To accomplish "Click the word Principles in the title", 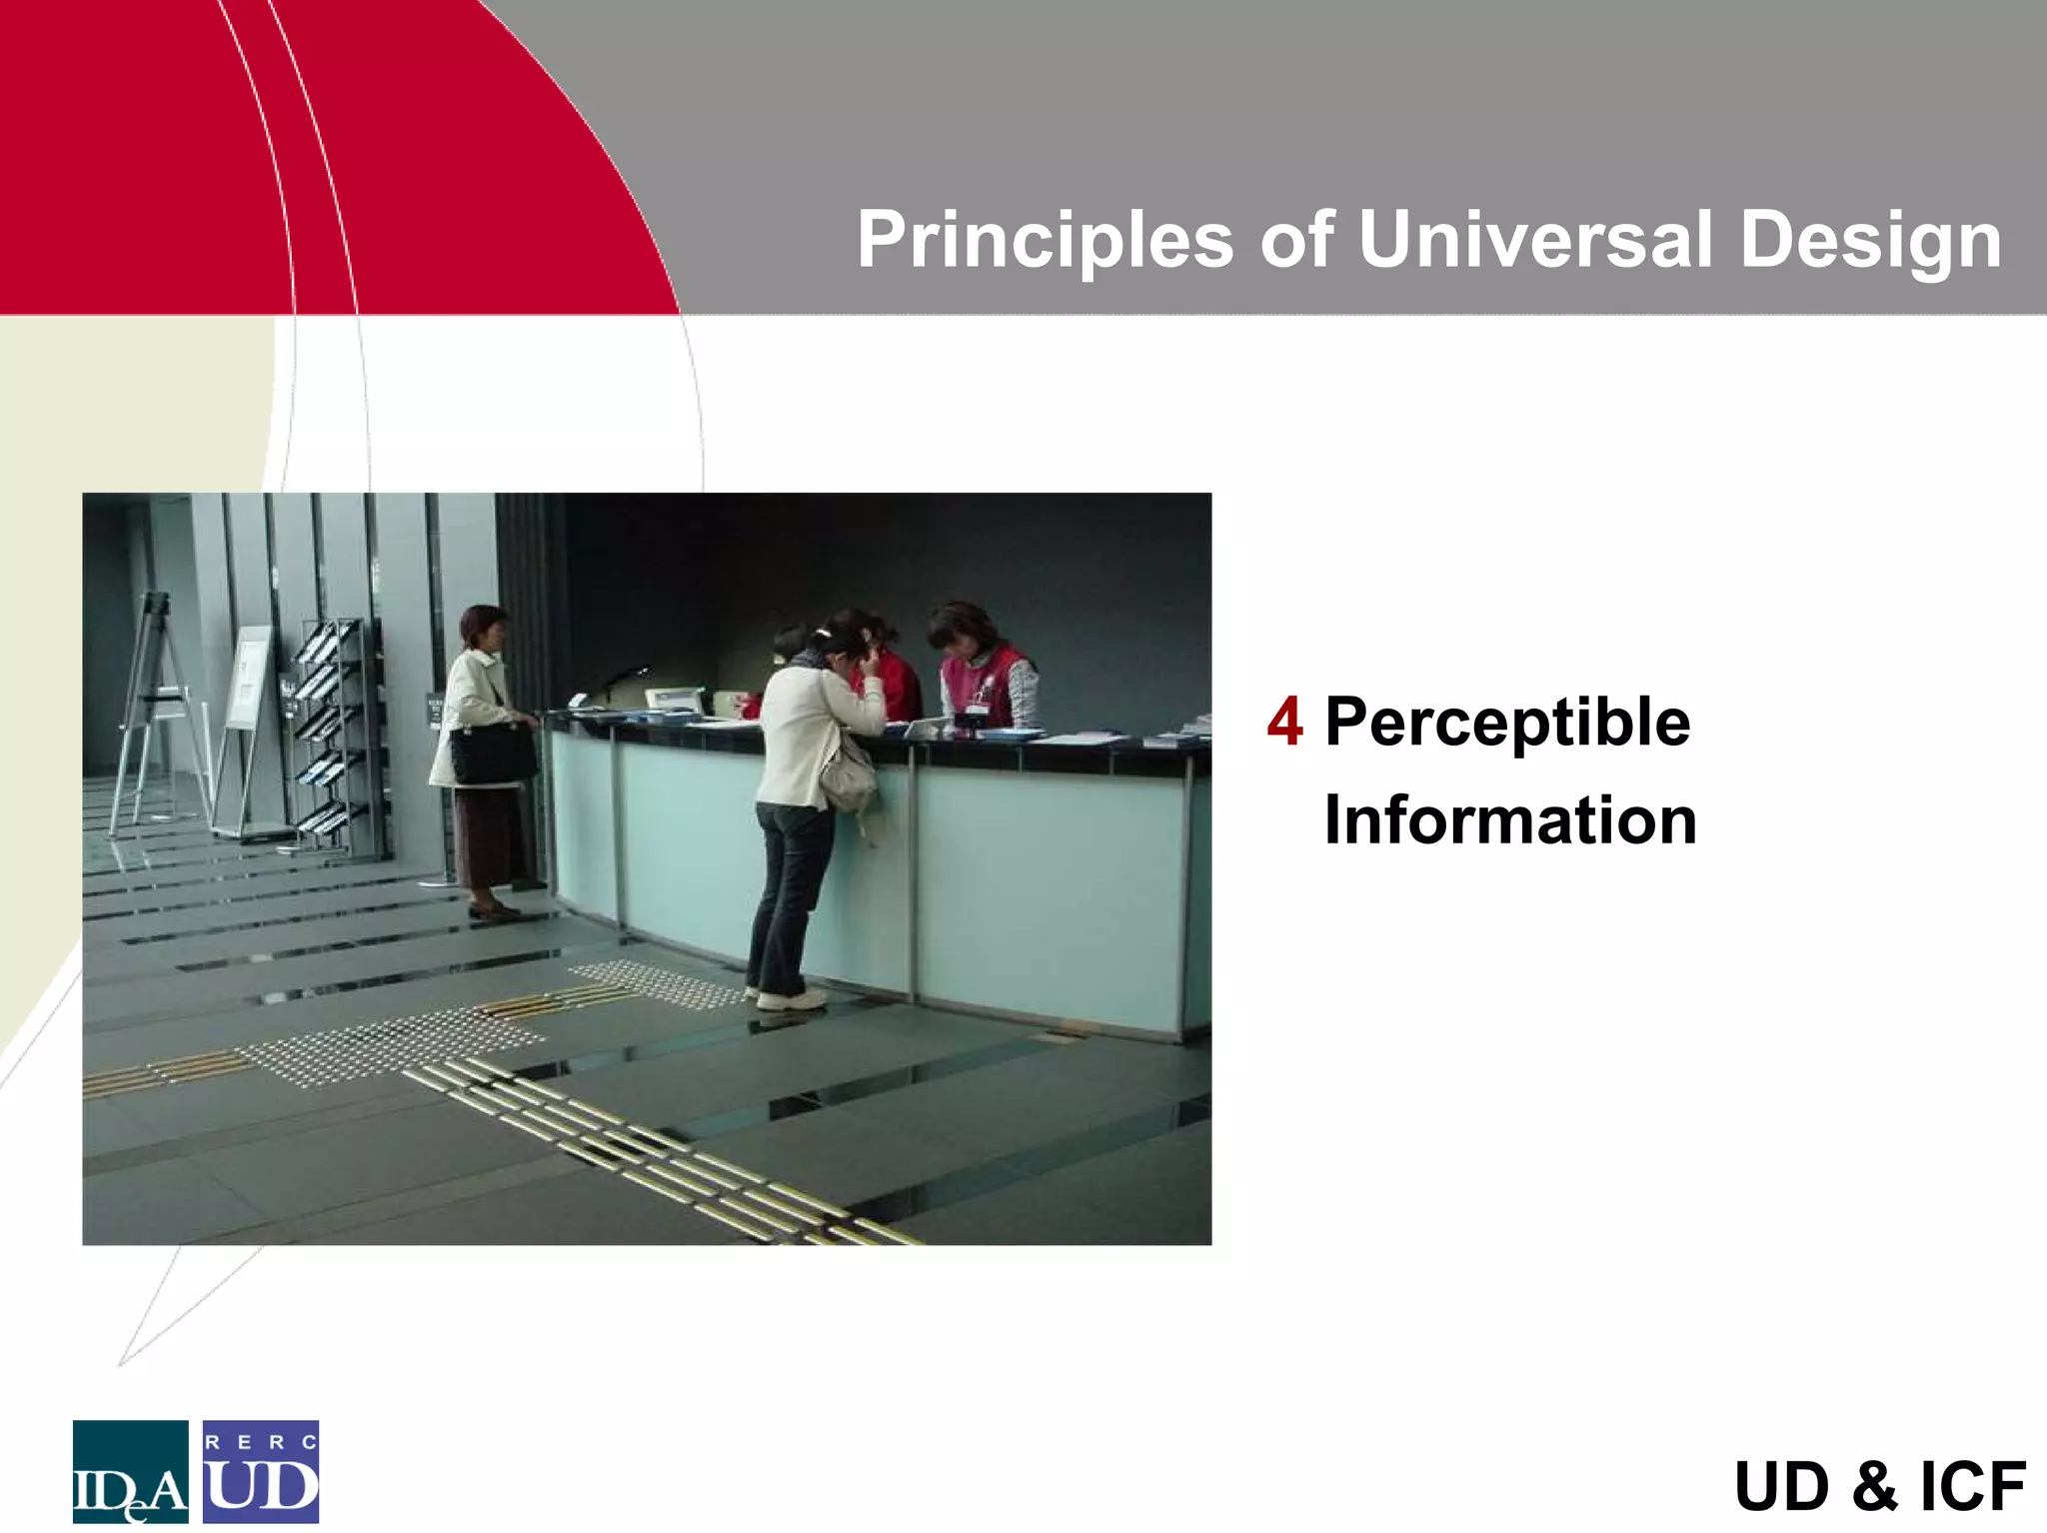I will tap(1044, 241).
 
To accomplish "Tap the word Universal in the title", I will tap(1534, 241).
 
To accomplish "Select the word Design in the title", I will tap(1870, 241).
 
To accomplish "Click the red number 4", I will tap(1284, 723).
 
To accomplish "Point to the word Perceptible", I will tap(1507, 723).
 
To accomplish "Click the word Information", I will tap(1510, 820).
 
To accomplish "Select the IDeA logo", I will tap(130, 1471).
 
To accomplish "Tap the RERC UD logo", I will tap(261, 1471).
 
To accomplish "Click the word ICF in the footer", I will tap(1972, 1487).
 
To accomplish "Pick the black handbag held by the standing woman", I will tap(492, 754).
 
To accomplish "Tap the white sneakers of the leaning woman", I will tap(790, 998).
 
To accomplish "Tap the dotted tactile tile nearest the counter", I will tap(655, 981).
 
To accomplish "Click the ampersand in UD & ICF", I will tap(1875, 1487).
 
